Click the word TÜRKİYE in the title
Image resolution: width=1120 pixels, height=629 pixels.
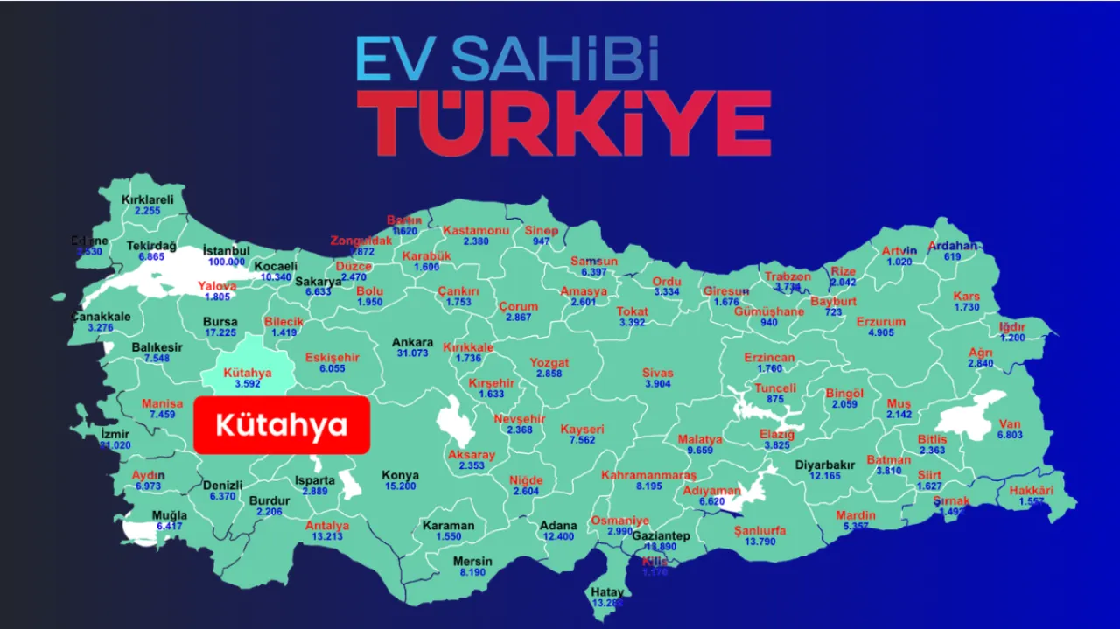click(x=564, y=122)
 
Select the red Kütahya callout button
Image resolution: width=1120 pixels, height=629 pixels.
click(x=282, y=426)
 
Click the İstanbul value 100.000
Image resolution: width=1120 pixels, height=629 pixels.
click(x=226, y=262)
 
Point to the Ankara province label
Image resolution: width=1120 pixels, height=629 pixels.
click(x=412, y=342)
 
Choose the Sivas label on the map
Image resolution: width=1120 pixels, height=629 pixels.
click(x=658, y=373)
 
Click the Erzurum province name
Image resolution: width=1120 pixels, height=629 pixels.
click(x=881, y=322)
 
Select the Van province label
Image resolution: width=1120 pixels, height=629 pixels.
click(x=1010, y=424)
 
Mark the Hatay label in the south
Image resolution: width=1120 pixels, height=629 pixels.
click(x=607, y=592)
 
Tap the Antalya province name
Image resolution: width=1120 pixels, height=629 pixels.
click(x=327, y=526)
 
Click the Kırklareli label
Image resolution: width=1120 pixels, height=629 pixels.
click(x=147, y=199)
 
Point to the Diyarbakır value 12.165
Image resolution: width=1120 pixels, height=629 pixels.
click(x=824, y=476)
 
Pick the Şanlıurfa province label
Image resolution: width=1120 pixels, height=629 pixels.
click(x=759, y=531)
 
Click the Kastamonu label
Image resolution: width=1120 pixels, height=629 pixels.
click(x=476, y=230)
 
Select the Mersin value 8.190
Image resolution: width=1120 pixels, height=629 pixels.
click(x=472, y=572)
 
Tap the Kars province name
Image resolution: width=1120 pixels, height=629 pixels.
click(x=967, y=296)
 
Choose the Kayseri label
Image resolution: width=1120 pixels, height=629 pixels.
click(x=582, y=430)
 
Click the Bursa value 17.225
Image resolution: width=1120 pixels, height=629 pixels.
click(x=220, y=332)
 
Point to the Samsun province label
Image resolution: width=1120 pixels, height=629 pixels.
click(x=594, y=261)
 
